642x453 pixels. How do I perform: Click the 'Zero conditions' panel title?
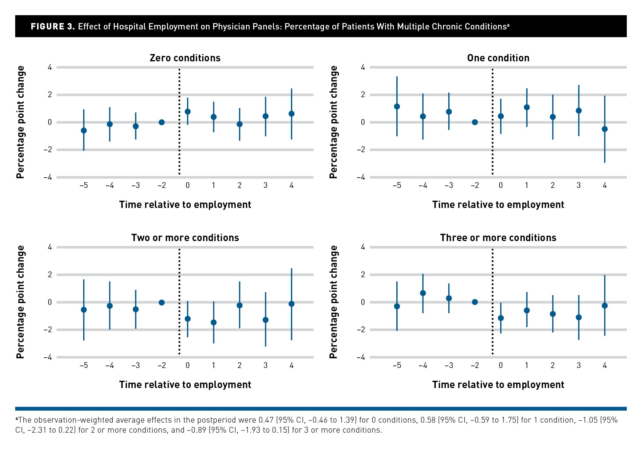coord(185,58)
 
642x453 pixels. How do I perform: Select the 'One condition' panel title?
coord(498,58)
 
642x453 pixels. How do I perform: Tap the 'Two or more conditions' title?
coord(185,238)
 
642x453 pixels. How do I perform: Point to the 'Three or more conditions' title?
coord(498,238)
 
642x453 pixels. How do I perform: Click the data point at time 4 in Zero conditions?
coord(292,114)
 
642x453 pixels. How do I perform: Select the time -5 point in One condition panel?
coord(397,107)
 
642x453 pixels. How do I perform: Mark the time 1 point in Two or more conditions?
coord(213,322)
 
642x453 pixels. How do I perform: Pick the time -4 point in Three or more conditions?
coord(423,293)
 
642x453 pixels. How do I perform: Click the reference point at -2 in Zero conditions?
coord(162,122)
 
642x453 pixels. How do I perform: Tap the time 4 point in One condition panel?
coord(605,129)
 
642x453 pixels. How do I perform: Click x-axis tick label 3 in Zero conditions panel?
coord(265,186)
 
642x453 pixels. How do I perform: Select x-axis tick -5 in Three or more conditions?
coord(397,365)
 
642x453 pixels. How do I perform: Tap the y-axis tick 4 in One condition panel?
coord(363,67)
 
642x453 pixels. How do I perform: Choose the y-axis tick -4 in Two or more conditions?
coord(48,357)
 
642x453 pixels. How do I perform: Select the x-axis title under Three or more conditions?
coord(498,385)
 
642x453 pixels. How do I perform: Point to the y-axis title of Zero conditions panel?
coord(20,122)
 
